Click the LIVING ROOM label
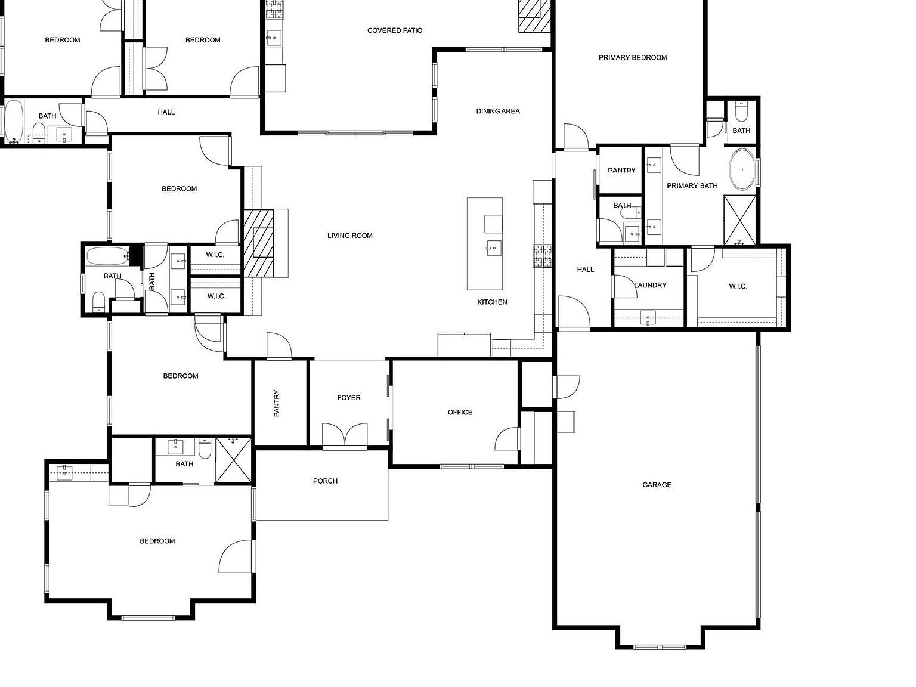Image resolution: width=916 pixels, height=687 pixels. (x=349, y=236)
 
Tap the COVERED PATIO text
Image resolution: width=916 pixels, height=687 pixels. (x=394, y=30)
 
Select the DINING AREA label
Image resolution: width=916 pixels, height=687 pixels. (x=497, y=111)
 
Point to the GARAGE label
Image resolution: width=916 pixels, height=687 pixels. (x=656, y=485)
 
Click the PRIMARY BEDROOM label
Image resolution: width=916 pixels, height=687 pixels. (x=632, y=58)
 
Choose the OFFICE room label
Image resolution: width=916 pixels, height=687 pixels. (x=459, y=412)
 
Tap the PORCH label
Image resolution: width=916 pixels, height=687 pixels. (x=325, y=481)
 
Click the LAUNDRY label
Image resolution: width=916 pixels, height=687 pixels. (x=649, y=285)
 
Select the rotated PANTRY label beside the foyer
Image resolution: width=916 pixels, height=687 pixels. (x=277, y=403)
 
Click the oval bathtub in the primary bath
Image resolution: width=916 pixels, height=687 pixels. (x=742, y=169)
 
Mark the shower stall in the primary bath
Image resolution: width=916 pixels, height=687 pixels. (x=739, y=220)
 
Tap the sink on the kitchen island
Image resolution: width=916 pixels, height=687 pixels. (x=493, y=248)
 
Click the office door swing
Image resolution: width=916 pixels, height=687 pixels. (x=507, y=440)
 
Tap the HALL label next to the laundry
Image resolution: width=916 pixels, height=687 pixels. (x=585, y=270)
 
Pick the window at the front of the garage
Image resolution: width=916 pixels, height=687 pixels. (x=660, y=646)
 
